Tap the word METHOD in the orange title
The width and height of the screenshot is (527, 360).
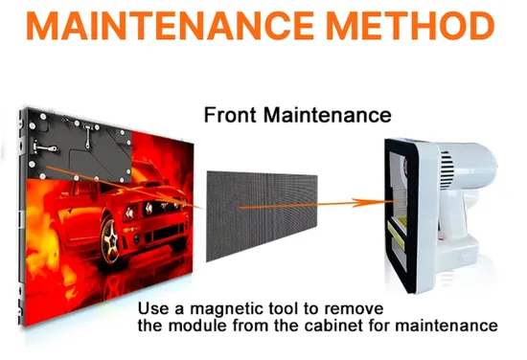[x=411, y=26]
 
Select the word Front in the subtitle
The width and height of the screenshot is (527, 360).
[x=230, y=115]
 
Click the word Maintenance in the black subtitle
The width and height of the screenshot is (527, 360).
[x=328, y=115]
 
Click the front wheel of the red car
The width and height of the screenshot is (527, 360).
[x=110, y=239]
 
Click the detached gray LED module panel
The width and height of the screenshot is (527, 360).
[x=262, y=215]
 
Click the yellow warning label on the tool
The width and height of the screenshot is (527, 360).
[x=397, y=232]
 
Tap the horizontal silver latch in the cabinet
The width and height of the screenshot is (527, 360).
[x=44, y=147]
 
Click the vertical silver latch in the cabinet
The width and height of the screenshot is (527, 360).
[x=88, y=136]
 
